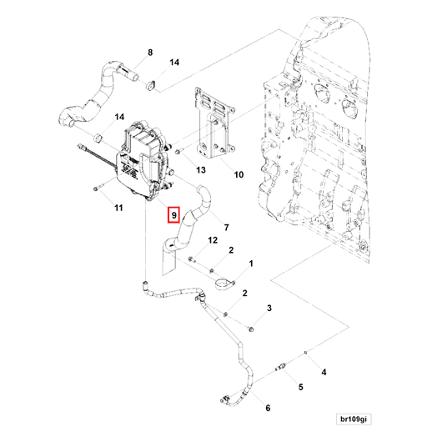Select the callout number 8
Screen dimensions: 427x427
(x=150, y=53)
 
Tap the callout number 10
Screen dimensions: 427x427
(x=239, y=175)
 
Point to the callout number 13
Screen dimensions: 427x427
(x=200, y=169)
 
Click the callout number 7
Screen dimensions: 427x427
(x=226, y=228)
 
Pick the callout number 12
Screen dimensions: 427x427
(x=213, y=240)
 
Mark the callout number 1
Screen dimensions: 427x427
(x=251, y=264)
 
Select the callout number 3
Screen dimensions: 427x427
(x=269, y=309)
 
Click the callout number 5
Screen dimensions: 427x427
(x=300, y=386)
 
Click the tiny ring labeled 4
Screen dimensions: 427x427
(x=306, y=353)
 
